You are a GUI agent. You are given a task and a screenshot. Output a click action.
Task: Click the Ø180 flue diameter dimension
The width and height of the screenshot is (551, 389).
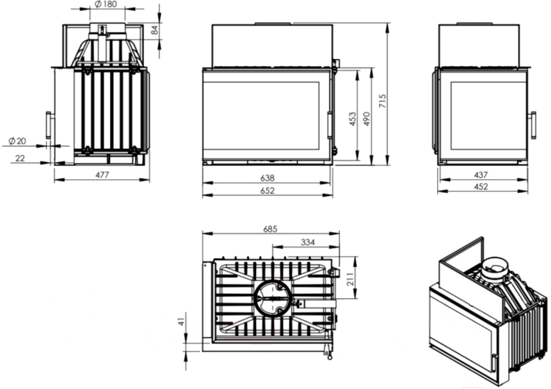[106, 4]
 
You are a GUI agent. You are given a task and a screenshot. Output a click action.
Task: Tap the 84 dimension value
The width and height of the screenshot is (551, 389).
[155, 30]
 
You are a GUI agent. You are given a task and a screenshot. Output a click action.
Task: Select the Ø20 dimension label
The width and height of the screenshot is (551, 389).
[17, 141]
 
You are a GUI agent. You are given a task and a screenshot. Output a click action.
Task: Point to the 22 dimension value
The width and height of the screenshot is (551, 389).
[20, 158]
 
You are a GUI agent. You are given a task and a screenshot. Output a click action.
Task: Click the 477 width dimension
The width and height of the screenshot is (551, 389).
[102, 175]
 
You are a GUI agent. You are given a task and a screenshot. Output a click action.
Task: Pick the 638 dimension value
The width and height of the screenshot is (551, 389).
[267, 178]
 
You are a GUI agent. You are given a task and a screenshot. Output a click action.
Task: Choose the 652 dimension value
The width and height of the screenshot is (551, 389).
[267, 191]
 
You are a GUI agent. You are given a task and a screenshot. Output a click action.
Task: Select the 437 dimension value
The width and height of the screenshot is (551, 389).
[481, 175]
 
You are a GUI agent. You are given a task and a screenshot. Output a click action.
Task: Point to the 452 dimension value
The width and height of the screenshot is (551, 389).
[481, 186]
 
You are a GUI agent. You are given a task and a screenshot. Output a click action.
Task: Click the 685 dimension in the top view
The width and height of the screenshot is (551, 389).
[270, 229]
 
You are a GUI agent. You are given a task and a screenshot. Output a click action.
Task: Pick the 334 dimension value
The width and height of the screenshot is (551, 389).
[308, 242]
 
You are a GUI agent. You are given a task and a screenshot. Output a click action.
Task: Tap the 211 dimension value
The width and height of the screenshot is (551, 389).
[350, 279]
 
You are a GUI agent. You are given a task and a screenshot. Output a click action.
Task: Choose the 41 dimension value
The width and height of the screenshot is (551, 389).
[181, 321]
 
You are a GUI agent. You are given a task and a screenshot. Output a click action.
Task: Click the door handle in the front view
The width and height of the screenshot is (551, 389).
[330, 125]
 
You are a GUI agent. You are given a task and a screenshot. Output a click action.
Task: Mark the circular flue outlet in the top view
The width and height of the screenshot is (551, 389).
[273, 299]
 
